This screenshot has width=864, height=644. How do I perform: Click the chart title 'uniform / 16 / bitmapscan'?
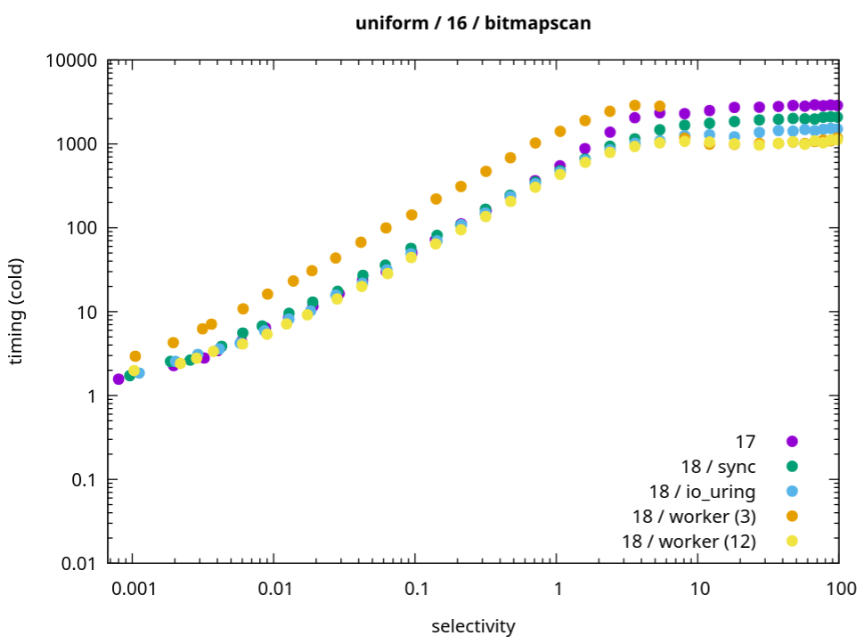(x=472, y=24)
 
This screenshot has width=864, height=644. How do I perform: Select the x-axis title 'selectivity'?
(x=473, y=626)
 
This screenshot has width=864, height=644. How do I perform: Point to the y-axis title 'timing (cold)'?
(x=17, y=312)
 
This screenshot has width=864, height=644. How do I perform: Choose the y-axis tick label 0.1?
(x=84, y=480)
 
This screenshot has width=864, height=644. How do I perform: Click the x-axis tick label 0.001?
(x=132, y=588)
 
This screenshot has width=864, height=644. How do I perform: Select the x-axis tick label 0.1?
(x=414, y=588)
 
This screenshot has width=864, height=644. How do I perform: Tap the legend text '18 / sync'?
(x=718, y=466)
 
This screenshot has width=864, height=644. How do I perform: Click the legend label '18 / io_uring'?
(x=702, y=491)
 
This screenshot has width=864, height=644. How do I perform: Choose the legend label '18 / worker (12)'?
(x=694, y=541)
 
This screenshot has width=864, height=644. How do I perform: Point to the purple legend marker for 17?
(x=792, y=441)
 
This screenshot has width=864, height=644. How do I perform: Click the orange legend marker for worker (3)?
(x=792, y=516)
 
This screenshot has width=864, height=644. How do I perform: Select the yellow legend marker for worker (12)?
(x=792, y=541)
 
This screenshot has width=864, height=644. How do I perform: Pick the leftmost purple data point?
(x=118, y=379)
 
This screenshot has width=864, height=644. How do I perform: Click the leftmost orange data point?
(x=135, y=356)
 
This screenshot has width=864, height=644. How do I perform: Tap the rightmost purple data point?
(x=837, y=105)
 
